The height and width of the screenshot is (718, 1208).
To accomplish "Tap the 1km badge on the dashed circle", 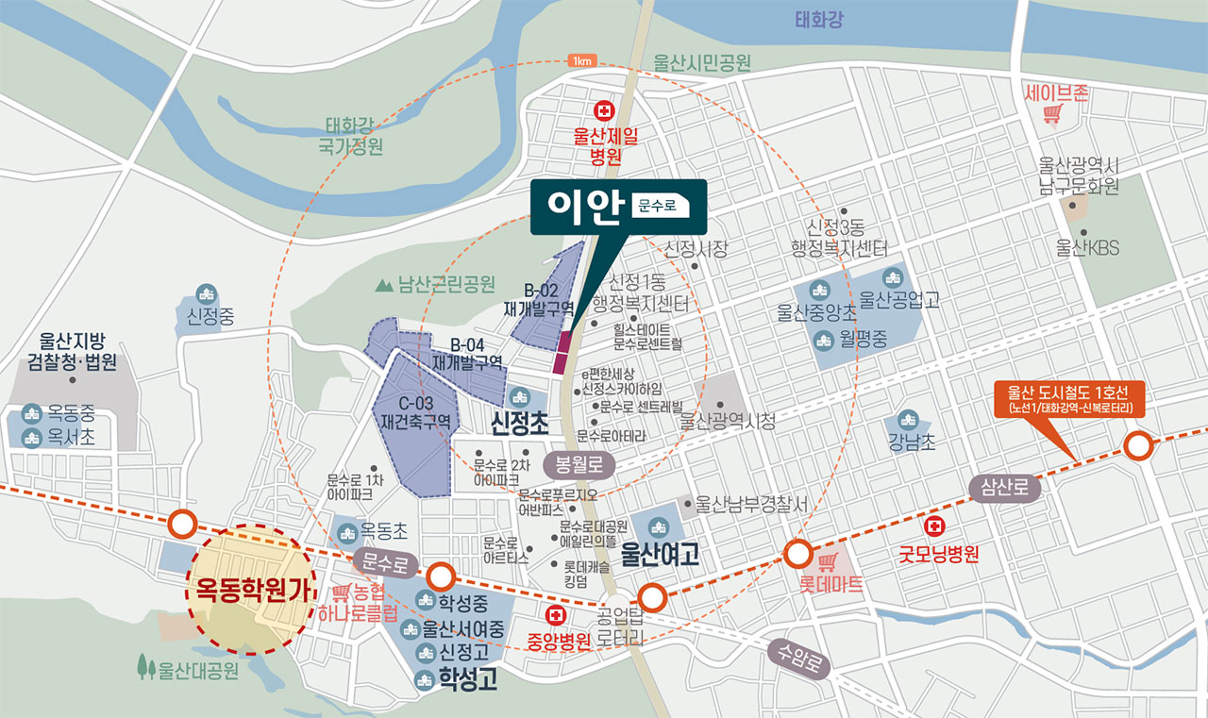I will pos(580,60).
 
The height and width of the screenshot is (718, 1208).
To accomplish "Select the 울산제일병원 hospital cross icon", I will pos(601,110).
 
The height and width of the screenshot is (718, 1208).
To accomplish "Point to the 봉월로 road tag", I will pos(579,464).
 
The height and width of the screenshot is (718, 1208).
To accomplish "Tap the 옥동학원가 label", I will pos(252,590).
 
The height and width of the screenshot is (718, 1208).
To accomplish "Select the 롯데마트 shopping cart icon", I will pos(827,562).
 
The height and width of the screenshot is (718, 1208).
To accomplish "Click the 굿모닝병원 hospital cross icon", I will pos(936,526).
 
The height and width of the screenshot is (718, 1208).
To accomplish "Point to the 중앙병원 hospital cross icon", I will pos(558,616).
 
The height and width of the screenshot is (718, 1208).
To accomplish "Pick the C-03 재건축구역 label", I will pos(416,411).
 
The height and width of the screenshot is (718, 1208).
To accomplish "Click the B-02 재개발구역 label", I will pos(539,300).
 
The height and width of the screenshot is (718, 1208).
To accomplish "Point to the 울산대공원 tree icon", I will pos(145,667).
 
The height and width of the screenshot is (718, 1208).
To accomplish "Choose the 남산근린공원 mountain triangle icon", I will pos(383,283).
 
